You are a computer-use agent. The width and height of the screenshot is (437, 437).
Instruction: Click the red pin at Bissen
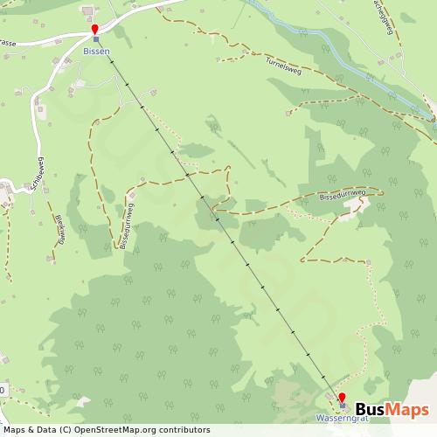coord(95,31)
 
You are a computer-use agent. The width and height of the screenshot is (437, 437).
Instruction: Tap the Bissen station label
coord(96,52)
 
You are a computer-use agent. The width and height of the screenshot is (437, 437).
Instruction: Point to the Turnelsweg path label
coord(283,67)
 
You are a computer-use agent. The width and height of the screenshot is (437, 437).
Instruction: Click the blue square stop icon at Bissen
coord(96,40)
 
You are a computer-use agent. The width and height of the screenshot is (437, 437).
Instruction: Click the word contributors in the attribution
coord(185,430)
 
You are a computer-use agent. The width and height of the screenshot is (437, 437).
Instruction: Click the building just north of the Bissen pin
coord(88,11)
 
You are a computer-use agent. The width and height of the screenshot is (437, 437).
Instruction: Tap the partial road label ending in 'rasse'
coord(9,40)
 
